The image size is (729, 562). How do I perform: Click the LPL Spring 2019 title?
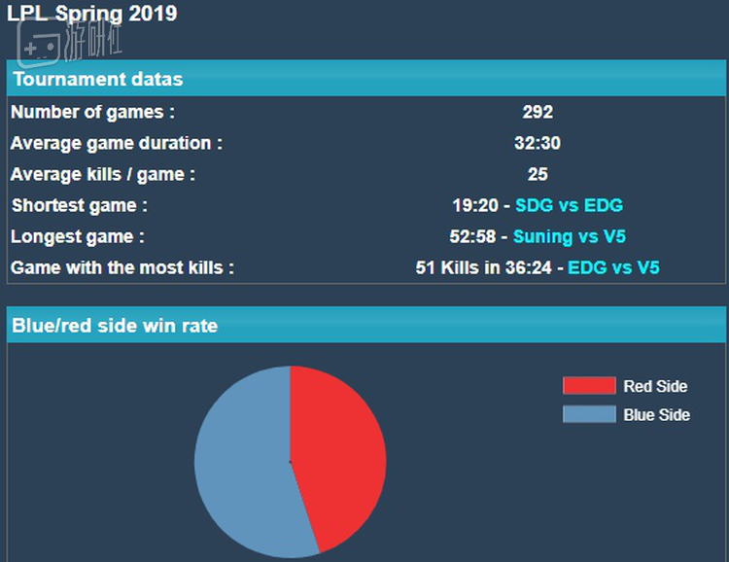(x=92, y=15)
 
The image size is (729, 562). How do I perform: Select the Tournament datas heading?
(x=97, y=79)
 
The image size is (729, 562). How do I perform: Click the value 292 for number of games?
(x=538, y=112)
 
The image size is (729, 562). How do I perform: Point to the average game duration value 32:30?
(x=538, y=143)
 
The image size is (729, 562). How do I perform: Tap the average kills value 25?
(x=538, y=174)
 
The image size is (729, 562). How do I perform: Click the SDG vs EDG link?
(x=569, y=205)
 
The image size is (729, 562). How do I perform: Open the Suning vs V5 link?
(x=569, y=236)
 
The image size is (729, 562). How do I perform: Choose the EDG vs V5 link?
(x=613, y=267)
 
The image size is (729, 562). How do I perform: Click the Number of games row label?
(x=93, y=112)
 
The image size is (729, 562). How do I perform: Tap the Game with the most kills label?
(x=122, y=267)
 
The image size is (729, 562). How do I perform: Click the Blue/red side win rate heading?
(x=115, y=326)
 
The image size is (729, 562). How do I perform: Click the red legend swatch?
(x=589, y=386)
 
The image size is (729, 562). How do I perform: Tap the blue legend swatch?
(x=589, y=414)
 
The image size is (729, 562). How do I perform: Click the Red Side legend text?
(x=655, y=386)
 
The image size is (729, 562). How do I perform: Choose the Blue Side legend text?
(x=657, y=414)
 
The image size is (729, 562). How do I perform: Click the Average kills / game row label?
(x=103, y=174)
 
